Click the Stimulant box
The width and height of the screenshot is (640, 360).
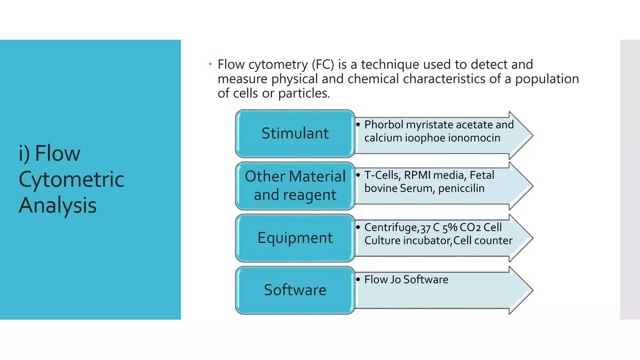(x=295, y=134)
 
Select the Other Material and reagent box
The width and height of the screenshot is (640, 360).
(x=295, y=186)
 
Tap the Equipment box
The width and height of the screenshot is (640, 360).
(x=295, y=238)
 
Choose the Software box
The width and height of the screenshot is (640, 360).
(x=295, y=290)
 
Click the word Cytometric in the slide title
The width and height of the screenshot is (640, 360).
(x=71, y=179)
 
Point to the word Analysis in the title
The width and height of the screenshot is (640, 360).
(x=57, y=205)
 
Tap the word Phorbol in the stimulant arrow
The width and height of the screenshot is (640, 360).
(x=384, y=125)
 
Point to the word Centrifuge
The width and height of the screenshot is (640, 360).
(x=391, y=227)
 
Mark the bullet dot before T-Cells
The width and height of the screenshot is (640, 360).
(x=358, y=175)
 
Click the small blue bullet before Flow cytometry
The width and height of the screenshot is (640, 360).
(x=210, y=64)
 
